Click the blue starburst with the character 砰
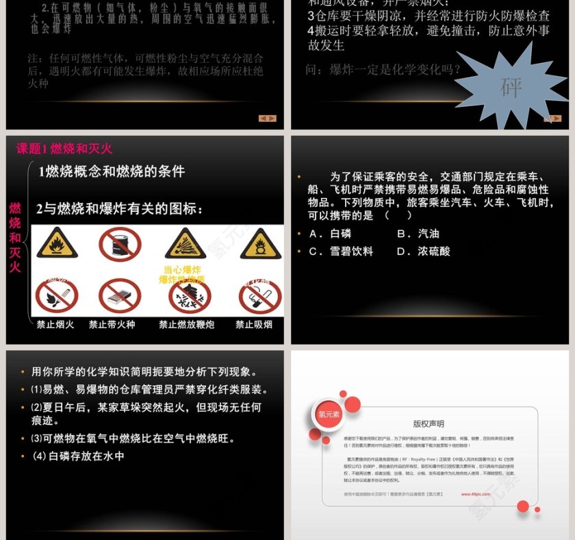(x=511, y=87)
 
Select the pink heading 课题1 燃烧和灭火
(x=64, y=149)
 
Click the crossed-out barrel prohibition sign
(x=120, y=244)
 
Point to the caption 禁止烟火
(x=55, y=325)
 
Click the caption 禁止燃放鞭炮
(x=186, y=325)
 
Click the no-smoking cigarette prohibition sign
(x=259, y=297)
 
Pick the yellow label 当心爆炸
(x=182, y=269)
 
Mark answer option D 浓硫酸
(x=424, y=251)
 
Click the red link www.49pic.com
(x=475, y=493)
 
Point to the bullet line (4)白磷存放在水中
(x=78, y=456)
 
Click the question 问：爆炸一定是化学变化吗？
(x=383, y=69)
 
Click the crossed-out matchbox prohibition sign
(x=120, y=296)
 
